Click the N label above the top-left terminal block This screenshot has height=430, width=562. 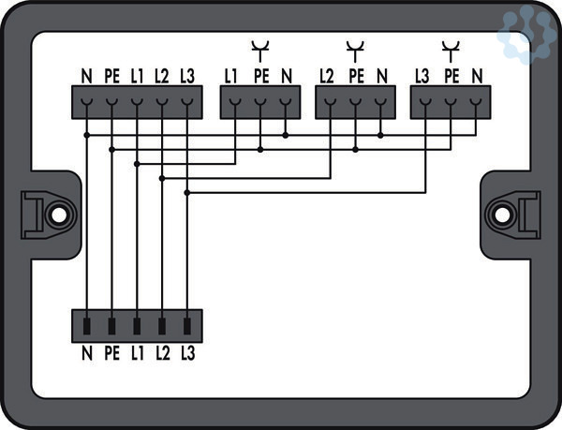[x=86, y=74]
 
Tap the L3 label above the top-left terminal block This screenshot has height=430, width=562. [x=188, y=74]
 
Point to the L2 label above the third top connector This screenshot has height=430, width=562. [x=327, y=74]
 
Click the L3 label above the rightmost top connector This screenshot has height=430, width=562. [x=423, y=74]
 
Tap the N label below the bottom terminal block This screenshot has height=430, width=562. [x=86, y=353]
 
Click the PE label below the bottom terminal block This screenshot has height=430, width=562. [x=111, y=353]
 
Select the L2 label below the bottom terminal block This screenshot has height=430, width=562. [x=162, y=353]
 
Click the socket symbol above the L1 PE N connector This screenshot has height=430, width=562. [x=259, y=47]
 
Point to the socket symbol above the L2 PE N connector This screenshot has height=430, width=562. [x=355, y=47]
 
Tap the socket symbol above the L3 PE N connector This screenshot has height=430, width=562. [x=451, y=47]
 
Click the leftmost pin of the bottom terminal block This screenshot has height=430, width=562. [x=87, y=327]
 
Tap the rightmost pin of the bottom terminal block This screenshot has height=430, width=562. [x=187, y=327]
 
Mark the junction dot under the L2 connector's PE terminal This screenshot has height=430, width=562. [x=356, y=148]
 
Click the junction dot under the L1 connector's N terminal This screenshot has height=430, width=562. [x=285, y=135]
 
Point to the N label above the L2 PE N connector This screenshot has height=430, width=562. [x=381, y=74]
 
